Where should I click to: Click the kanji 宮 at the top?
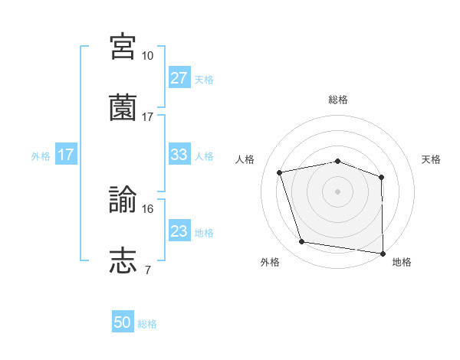[x=123, y=45]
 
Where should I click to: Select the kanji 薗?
[x=123, y=108]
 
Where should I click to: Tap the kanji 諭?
[x=123, y=200]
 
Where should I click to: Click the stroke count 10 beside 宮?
[x=148, y=55]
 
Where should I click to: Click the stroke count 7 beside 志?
[x=147, y=270]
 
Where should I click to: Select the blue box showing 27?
[x=179, y=77]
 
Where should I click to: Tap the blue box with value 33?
[x=179, y=154]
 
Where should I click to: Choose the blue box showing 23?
[x=179, y=231]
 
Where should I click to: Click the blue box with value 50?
[x=123, y=322]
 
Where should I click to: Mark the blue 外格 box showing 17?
[x=65, y=154]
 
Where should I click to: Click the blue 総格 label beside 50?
[x=147, y=324]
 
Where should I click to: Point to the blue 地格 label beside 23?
[x=204, y=232]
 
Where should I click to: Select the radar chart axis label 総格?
[x=338, y=100]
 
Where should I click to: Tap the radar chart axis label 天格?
[x=432, y=159]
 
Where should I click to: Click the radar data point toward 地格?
[x=383, y=253]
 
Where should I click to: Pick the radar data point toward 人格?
[x=280, y=172]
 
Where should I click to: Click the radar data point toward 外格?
[x=302, y=242]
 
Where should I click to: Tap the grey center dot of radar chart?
[x=338, y=191]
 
